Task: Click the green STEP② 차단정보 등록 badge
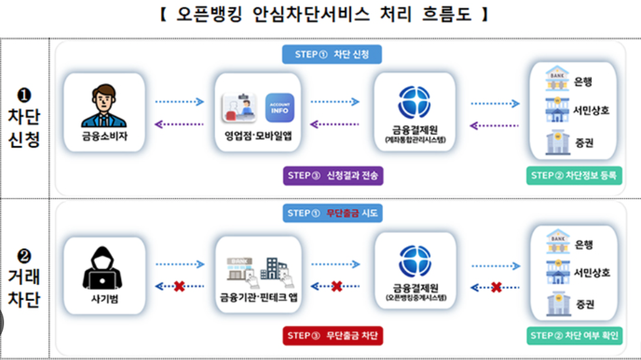pos(573,175)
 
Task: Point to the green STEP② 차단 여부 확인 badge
pos(573,336)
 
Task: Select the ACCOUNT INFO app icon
pos(279,107)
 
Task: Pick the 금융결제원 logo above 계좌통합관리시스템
pos(414,103)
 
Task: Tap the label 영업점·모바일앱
pos(258,136)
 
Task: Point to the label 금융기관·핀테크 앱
pos(258,297)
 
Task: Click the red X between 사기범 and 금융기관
pos(179,286)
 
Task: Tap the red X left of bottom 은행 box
pos(496,287)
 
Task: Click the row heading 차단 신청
pos(24,123)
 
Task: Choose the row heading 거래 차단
pos(24,285)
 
